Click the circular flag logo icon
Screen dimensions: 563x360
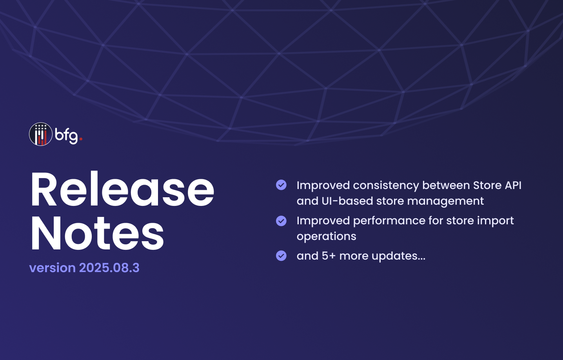pyautogui.click(x=41, y=134)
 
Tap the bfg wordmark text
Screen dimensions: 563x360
pyautogui.click(x=66, y=136)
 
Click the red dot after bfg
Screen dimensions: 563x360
pyautogui.click(x=81, y=139)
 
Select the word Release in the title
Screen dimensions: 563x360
pyautogui.click(x=122, y=189)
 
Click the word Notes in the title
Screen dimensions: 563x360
pyautogui.click(x=97, y=233)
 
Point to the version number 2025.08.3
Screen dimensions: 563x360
pyautogui.click(x=109, y=267)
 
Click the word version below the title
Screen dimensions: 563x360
pyautogui.click(x=52, y=268)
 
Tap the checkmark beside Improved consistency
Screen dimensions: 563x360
pyautogui.click(x=281, y=185)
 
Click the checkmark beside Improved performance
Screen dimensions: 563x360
pyautogui.click(x=281, y=221)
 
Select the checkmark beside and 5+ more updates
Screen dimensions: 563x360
pyautogui.click(x=281, y=256)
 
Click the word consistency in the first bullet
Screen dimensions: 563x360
pyautogui.click(x=386, y=186)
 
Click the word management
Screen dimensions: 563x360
pyautogui.click(x=445, y=202)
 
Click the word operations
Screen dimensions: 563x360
pyautogui.click(x=327, y=237)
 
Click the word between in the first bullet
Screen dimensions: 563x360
pyautogui.click(x=446, y=185)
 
